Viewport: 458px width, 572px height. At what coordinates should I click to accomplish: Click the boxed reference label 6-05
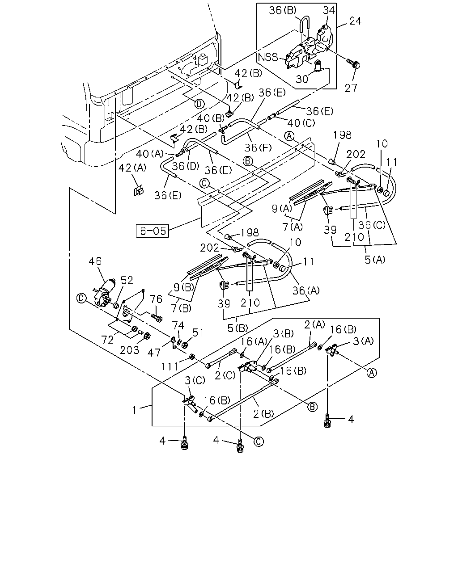pos(152,231)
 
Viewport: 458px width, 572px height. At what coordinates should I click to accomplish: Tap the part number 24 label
pos(355,21)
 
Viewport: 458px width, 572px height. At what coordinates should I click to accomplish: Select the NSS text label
pos(268,57)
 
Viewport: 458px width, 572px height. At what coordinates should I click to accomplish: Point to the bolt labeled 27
pos(353,63)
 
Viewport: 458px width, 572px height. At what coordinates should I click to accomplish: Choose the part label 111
pos(169,367)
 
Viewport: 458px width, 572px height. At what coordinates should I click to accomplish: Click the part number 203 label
pos(130,350)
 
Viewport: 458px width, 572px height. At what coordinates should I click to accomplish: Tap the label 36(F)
pos(258,147)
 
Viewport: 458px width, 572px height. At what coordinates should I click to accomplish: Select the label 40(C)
pos(301,123)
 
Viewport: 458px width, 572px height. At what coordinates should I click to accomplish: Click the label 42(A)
pos(132,168)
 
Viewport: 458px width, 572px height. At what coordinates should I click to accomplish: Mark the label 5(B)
pos(237,328)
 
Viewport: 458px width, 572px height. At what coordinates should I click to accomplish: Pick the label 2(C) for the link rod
pos(225,375)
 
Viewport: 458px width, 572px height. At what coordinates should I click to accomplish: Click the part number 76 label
pos(156,299)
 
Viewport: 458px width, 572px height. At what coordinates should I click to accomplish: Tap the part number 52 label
pos(127,281)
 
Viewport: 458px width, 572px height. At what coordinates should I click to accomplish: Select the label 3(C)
pos(195,381)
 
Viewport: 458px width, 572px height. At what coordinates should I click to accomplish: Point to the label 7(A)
pos(293,227)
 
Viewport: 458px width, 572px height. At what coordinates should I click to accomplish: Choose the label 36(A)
pos(306,291)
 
